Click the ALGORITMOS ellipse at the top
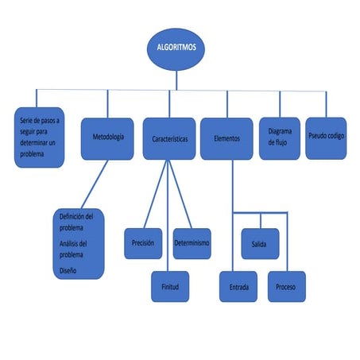point(177,48)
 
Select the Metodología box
point(107,138)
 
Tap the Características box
point(168,139)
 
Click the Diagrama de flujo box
point(280,138)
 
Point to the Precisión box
point(143,243)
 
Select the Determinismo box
point(192,243)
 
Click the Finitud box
point(170,286)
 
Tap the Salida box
point(259,243)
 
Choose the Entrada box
point(238,286)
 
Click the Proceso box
point(286,286)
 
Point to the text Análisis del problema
point(74,249)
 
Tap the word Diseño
point(68,270)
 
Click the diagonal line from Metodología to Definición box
point(92,184)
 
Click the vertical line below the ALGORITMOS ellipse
point(177,79)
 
